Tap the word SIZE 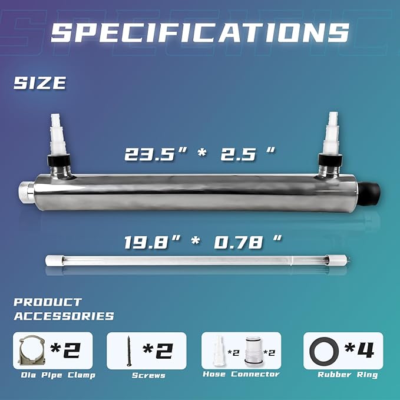tap(40, 83)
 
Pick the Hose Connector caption tap(241, 374)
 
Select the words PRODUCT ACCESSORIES tap(64, 309)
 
